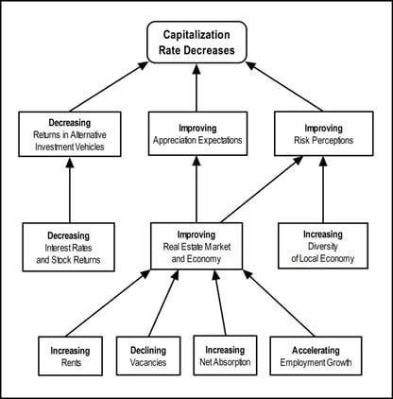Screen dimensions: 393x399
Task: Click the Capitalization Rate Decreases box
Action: click(x=196, y=43)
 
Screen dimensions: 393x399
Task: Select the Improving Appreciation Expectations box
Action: click(x=197, y=133)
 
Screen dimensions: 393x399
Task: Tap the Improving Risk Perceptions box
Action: click(x=324, y=133)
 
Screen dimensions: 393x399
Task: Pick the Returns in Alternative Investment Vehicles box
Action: click(x=70, y=134)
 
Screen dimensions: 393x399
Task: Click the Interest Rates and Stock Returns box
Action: click(x=68, y=247)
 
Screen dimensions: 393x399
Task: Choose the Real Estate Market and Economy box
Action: click(x=196, y=246)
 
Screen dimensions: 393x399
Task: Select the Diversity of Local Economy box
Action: click(x=323, y=246)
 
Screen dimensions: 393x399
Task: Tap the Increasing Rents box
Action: click(x=71, y=356)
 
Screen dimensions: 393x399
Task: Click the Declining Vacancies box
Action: click(x=148, y=356)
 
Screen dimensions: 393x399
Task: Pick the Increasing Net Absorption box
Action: click(x=225, y=356)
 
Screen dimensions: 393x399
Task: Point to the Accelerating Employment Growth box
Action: click(x=316, y=356)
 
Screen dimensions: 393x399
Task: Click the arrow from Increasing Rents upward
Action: click(x=108, y=304)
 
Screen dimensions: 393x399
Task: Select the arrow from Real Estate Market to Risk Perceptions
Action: click(x=262, y=189)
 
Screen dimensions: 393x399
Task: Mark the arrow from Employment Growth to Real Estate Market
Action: click(x=279, y=303)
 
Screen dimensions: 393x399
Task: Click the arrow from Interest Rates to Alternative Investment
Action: click(x=70, y=190)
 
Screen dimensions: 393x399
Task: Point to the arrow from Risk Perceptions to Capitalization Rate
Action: click(x=284, y=86)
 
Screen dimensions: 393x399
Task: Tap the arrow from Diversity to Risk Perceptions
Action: click(x=323, y=189)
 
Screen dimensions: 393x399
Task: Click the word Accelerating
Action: click(x=316, y=350)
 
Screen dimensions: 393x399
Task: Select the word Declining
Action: click(x=148, y=350)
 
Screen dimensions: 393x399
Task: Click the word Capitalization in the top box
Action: click(x=196, y=35)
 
